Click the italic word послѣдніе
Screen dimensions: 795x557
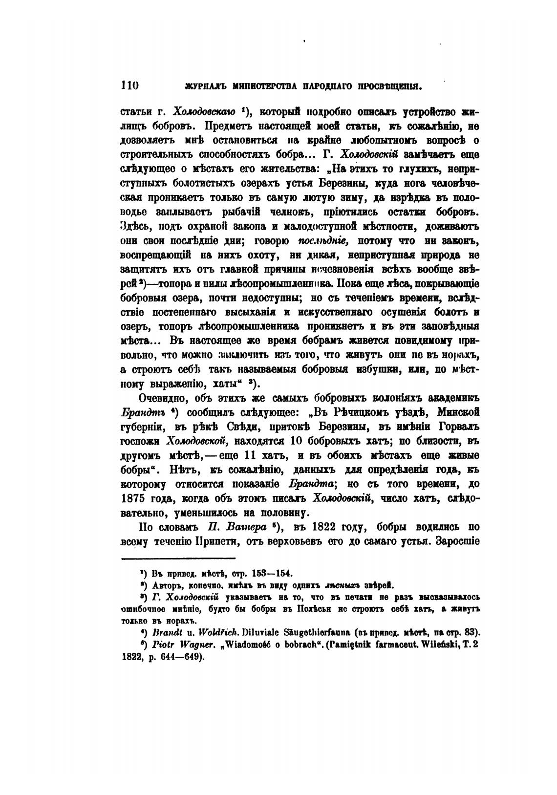[322, 241]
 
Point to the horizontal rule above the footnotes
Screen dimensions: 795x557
[178, 558]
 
